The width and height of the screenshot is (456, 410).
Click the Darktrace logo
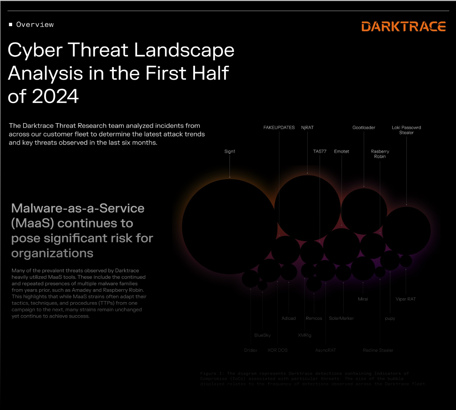pos(403,27)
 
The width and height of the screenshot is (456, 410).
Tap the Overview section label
pos(35,25)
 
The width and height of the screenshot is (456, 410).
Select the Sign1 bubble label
pos(230,152)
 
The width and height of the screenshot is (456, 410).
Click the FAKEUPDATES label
pos(279,128)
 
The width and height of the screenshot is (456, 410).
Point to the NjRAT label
pos(307,128)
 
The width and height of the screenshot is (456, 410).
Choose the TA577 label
pos(319,152)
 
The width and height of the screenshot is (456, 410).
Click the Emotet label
pos(341,152)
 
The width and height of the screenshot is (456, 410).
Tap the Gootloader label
pos(364,128)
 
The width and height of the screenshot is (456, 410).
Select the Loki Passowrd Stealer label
pos(406,130)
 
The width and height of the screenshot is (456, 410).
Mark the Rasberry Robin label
pos(380,154)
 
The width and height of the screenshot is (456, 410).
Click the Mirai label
pos(363,299)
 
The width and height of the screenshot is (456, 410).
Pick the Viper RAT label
pos(406,299)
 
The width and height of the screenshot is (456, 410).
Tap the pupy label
pos(390,319)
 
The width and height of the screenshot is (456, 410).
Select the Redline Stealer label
pos(378,351)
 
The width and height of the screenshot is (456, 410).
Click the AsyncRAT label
pos(325,351)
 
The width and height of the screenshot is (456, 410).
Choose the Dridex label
pos(250,351)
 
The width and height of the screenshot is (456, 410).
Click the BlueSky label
pos(263,335)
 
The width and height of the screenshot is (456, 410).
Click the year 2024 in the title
pos(55,97)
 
